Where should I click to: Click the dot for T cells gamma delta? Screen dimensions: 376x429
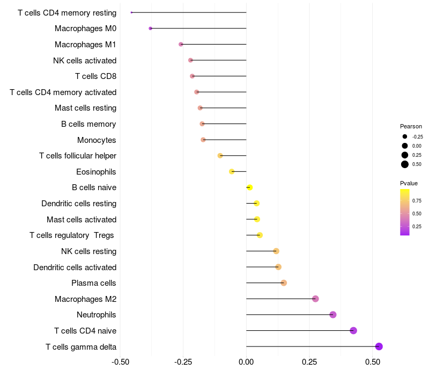point(379,346)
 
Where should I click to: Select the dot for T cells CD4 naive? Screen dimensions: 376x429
point(353,330)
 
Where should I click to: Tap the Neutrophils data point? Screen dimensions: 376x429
point(332,315)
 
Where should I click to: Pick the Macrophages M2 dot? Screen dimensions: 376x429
point(315,299)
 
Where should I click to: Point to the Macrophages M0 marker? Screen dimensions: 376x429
point(150,28)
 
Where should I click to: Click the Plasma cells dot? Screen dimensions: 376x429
point(284,283)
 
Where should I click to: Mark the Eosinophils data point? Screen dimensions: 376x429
point(232,171)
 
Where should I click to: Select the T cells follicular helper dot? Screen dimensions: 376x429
point(220,156)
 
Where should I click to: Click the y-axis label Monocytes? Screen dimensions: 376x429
point(97,140)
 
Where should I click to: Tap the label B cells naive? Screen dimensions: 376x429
point(94,187)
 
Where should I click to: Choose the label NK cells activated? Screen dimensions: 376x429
point(85,60)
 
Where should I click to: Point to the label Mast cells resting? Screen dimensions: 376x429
point(85,108)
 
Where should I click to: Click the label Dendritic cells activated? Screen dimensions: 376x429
point(75,267)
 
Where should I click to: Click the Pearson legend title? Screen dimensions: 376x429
point(411,126)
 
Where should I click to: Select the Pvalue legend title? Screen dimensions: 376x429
point(409,183)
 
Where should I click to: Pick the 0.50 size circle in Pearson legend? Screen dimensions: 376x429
point(405,164)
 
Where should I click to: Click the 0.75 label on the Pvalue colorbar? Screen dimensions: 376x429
point(417,201)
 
